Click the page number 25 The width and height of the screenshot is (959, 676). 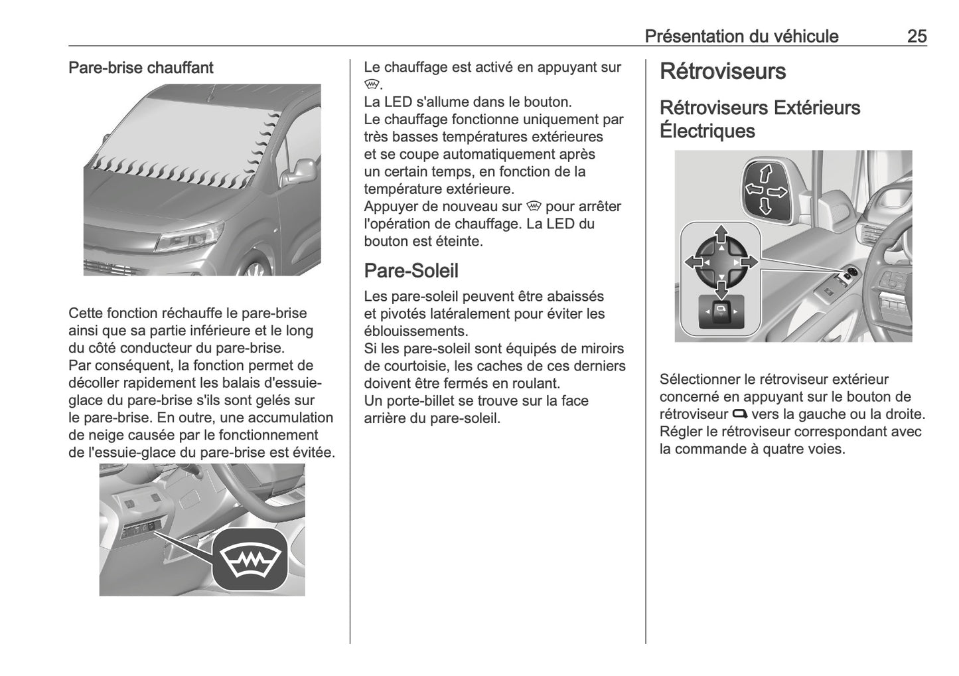[917, 36]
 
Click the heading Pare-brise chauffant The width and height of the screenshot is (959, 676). [141, 68]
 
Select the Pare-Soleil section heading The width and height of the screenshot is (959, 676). [411, 271]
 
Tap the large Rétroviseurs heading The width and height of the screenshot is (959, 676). [723, 72]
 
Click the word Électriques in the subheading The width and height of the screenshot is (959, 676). [707, 131]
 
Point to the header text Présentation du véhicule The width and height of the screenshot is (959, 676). [741, 36]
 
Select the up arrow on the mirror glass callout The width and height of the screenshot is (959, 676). [765, 173]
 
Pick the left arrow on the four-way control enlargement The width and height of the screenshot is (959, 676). [693, 262]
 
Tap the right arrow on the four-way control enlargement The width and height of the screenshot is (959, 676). [749, 262]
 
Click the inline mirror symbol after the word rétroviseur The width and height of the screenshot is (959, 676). [740, 414]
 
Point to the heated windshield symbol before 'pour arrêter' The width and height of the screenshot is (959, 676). [534, 207]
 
